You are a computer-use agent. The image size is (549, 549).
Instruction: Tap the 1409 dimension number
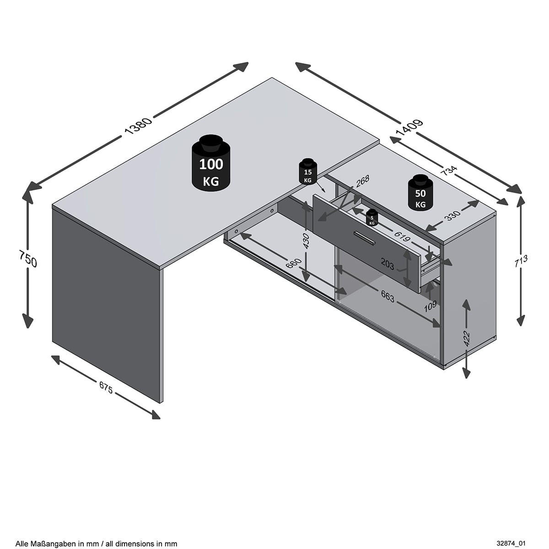coord(410,128)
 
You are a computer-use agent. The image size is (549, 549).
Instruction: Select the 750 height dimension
coord(27,258)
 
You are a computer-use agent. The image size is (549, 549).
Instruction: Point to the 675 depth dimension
coord(106,387)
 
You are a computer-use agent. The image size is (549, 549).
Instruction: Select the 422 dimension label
coord(466,339)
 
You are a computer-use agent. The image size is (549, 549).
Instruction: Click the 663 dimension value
coord(388,296)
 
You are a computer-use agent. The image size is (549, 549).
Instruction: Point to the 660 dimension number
coord(294,266)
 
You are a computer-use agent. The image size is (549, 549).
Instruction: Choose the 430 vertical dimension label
coord(306,241)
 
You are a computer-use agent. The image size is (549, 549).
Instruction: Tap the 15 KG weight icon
coord(308,172)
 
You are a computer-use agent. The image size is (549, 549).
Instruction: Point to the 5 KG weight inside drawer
coord(372,218)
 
